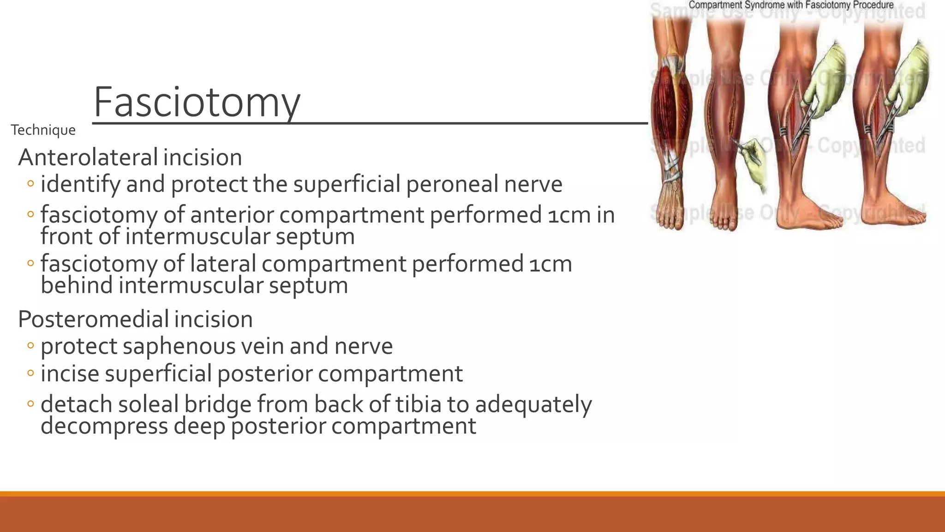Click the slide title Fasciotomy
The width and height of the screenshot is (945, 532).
pos(197,103)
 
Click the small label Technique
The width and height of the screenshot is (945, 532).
pos(43,130)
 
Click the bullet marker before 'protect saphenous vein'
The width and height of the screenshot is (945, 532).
pos(30,346)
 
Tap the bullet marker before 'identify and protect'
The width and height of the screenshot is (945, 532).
pos(30,184)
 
